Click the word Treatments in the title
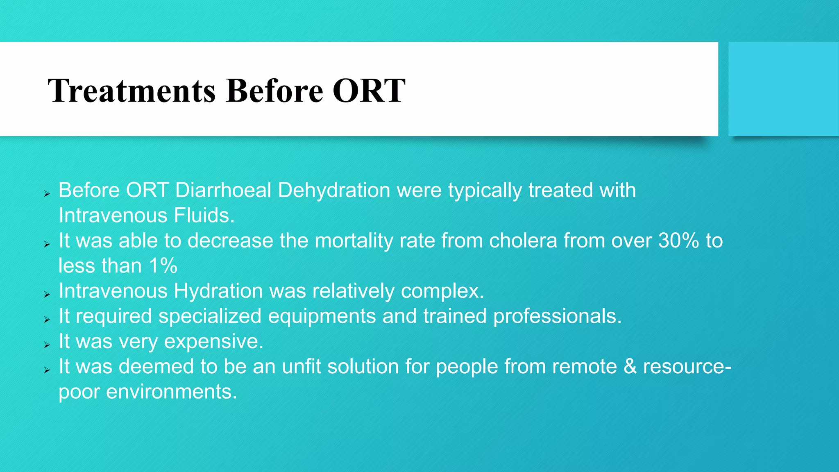[x=131, y=91]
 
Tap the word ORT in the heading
[x=369, y=91]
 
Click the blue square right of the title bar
[x=783, y=89]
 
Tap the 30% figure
[x=678, y=241]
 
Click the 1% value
[x=163, y=266]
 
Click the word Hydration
[x=218, y=291]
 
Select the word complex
[x=442, y=291]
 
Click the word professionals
[x=557, y=316]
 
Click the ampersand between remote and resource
[x=630, y=367]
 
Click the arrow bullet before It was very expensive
[x=47, y=345]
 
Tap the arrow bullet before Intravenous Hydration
[x=47, y=295]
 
